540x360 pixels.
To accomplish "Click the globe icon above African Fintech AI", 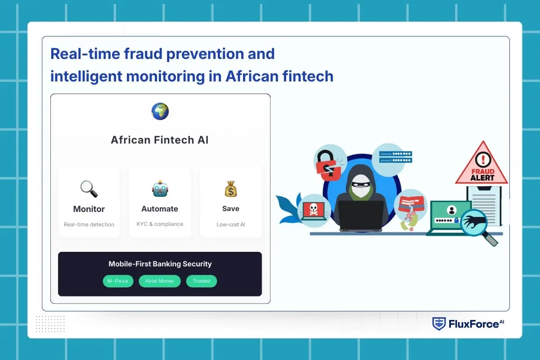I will point(160,111).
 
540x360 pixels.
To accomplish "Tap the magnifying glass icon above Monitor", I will point(89,189).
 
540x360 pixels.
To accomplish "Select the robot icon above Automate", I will point(160,189).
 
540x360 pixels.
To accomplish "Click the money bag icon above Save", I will point(231,189).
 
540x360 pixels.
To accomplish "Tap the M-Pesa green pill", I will point(118,281).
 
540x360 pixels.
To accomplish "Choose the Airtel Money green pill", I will point(160,281).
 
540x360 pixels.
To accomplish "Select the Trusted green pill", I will point(201,281).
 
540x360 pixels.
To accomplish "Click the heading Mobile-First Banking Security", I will point(160,264).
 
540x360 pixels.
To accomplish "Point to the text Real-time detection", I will point(89,225).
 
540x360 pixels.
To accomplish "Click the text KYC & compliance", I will point(160,224).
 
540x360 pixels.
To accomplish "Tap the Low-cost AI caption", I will point(231,225).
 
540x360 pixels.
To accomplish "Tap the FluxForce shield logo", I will point(439,324).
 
